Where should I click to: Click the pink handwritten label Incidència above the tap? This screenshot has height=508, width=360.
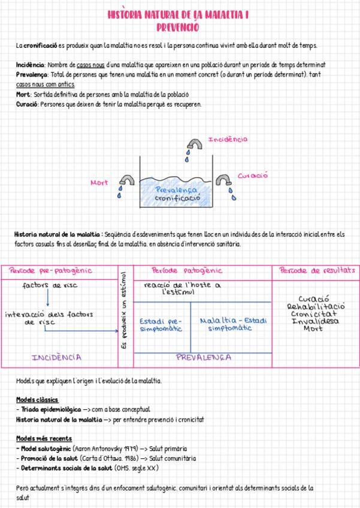tap(227, 140)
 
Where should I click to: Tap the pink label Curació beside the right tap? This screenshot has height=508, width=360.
tap(253, 176)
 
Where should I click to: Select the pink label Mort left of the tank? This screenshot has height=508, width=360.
tap(99, 182)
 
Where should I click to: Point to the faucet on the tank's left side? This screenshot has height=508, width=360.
tap(126, 180)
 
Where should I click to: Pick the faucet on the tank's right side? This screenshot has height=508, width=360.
tap(225, 180)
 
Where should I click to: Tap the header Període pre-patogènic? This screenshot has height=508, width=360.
tap(50, 271)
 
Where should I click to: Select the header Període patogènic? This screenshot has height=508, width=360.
tap(187, 271)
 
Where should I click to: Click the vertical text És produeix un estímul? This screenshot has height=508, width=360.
tap(124, 312)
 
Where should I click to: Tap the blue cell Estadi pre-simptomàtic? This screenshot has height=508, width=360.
tap(160, 325)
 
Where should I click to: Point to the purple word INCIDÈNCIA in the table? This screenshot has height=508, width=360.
tap(57, 358)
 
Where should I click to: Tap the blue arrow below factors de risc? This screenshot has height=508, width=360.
tap(47, 298)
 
